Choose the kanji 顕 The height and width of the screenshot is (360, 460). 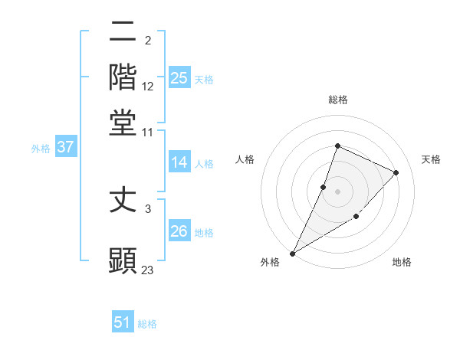click(x=123, y=260)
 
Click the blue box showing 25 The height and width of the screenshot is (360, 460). click(x=179, y=78)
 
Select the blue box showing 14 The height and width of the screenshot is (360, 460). click(x=179, y=162)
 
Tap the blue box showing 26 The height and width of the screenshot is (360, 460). click(x=179, y=231)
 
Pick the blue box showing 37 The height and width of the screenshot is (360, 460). click(x=66, y=147)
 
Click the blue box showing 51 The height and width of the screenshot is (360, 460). click(x=123, y=322)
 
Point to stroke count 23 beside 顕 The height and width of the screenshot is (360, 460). click(x=148, y=270)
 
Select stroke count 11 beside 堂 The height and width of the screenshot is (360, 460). click(x=148, y=132)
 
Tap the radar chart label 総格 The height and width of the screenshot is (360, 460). click(x=337, y=100)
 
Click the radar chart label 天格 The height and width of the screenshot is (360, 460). click(x=431, y=159)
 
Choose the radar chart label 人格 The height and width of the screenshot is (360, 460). click(x=245, y=159)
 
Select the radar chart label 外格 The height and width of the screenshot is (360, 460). click(x=270, y=263)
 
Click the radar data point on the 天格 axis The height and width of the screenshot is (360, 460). click(x=396, y=172)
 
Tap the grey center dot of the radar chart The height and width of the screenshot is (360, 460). click(x=337, y=191)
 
